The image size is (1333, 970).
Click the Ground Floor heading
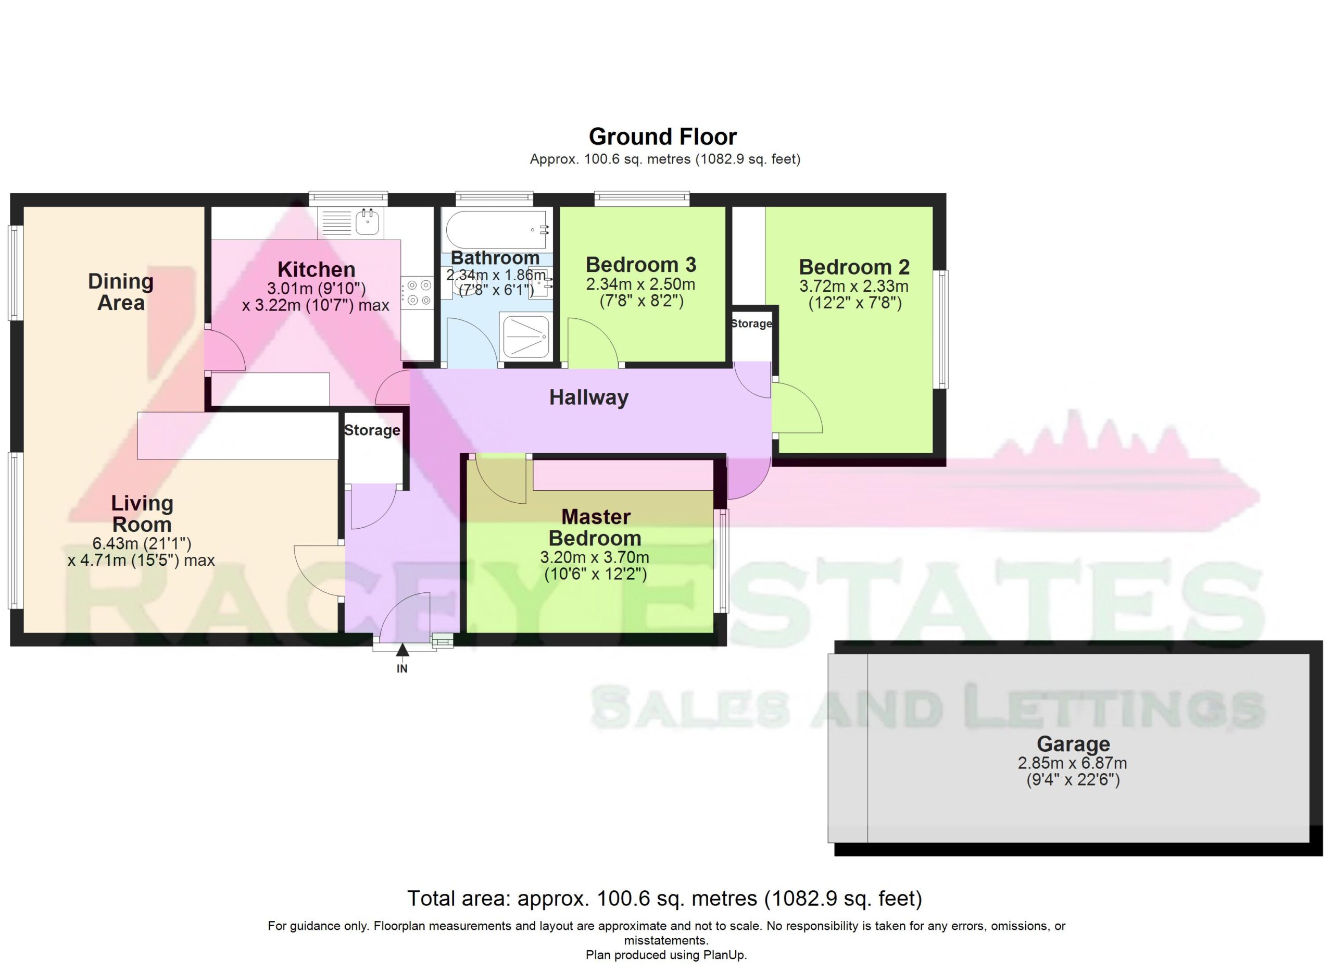click(662, 136)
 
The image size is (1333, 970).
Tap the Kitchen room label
click(316, 269)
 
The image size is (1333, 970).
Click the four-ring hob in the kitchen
click(417, 293)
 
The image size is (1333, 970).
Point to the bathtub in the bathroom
click(497, 229)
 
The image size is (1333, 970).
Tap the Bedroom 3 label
click(640, 265)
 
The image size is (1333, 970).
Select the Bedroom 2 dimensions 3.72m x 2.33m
click(853, 287)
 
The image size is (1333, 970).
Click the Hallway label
click(589, 397)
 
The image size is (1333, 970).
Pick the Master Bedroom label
click(595, 527)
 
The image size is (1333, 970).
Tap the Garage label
click(1073, 744)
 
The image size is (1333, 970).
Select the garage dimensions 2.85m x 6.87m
click(1073, 763)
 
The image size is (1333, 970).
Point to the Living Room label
click(142, 514)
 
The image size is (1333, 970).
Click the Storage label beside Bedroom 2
click(751, 324)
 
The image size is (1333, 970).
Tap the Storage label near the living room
click(371, 430)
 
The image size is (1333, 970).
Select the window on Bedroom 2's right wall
click(942, 329)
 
